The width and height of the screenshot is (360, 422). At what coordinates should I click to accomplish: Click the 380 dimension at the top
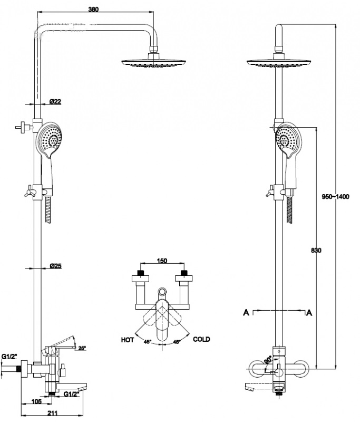pyautogui.click(x=94, y=9)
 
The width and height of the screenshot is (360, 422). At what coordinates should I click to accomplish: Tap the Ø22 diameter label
pyautogui.click(x=56, y=101)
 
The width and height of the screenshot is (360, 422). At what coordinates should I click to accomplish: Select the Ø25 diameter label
pyautogui.click(x=56, y=266)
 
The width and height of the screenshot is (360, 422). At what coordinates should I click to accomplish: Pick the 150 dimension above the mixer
pyautogui.click(x=162, y=261)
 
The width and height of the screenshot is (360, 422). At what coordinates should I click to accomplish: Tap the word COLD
pyautogui.click(x=201, y=339)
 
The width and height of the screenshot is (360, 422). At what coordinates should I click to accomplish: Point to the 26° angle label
pyautogui.click(x=82, y=348)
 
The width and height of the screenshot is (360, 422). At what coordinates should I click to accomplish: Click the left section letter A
pyautogui.click(x=246, y=312)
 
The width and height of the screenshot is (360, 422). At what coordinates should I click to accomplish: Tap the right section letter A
pyautogui.click(x=309, y=312)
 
